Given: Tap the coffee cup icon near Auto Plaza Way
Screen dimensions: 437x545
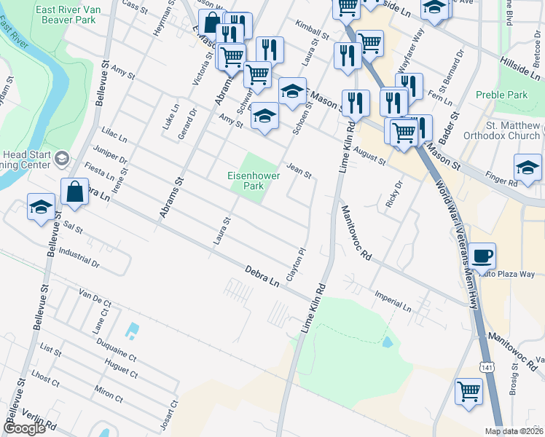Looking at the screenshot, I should (482, 256).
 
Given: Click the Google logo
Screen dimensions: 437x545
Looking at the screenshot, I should (24, 429).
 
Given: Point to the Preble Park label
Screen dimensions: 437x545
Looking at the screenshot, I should (501, 95).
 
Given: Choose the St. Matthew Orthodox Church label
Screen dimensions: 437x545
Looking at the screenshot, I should (513, 130).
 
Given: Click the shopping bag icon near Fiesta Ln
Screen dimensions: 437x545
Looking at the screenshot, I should (74, 192).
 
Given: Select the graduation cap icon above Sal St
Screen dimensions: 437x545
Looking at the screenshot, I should (40, 206).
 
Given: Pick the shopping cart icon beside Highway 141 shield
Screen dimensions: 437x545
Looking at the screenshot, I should (468, 392).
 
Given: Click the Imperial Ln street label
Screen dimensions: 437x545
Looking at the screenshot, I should (393, 304).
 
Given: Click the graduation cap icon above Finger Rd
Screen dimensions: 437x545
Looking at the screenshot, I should (527, 167).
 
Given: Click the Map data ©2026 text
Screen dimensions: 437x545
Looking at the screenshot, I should (514, 431).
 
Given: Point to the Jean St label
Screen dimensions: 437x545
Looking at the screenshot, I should (299, 172).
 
